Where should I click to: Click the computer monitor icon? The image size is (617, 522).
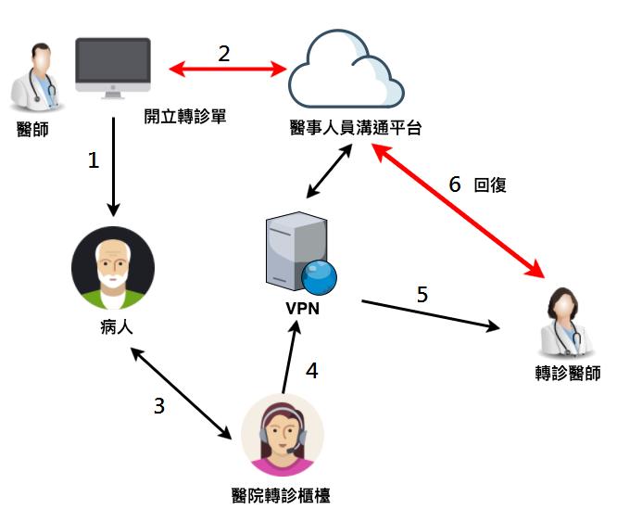click(113, 68)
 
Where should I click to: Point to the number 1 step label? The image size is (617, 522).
click(93, 160)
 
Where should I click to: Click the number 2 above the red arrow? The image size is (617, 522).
click(224, 53)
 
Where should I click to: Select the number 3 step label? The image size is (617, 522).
click(160, 405)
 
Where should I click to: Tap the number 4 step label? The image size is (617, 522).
click(312, 371)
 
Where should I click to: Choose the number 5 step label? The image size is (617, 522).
click(422, 295)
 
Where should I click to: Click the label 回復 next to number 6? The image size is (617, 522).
click(489, 185)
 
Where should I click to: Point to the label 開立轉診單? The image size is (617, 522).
click(185, 119)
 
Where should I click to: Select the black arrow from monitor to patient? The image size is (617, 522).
click(113, 167)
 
